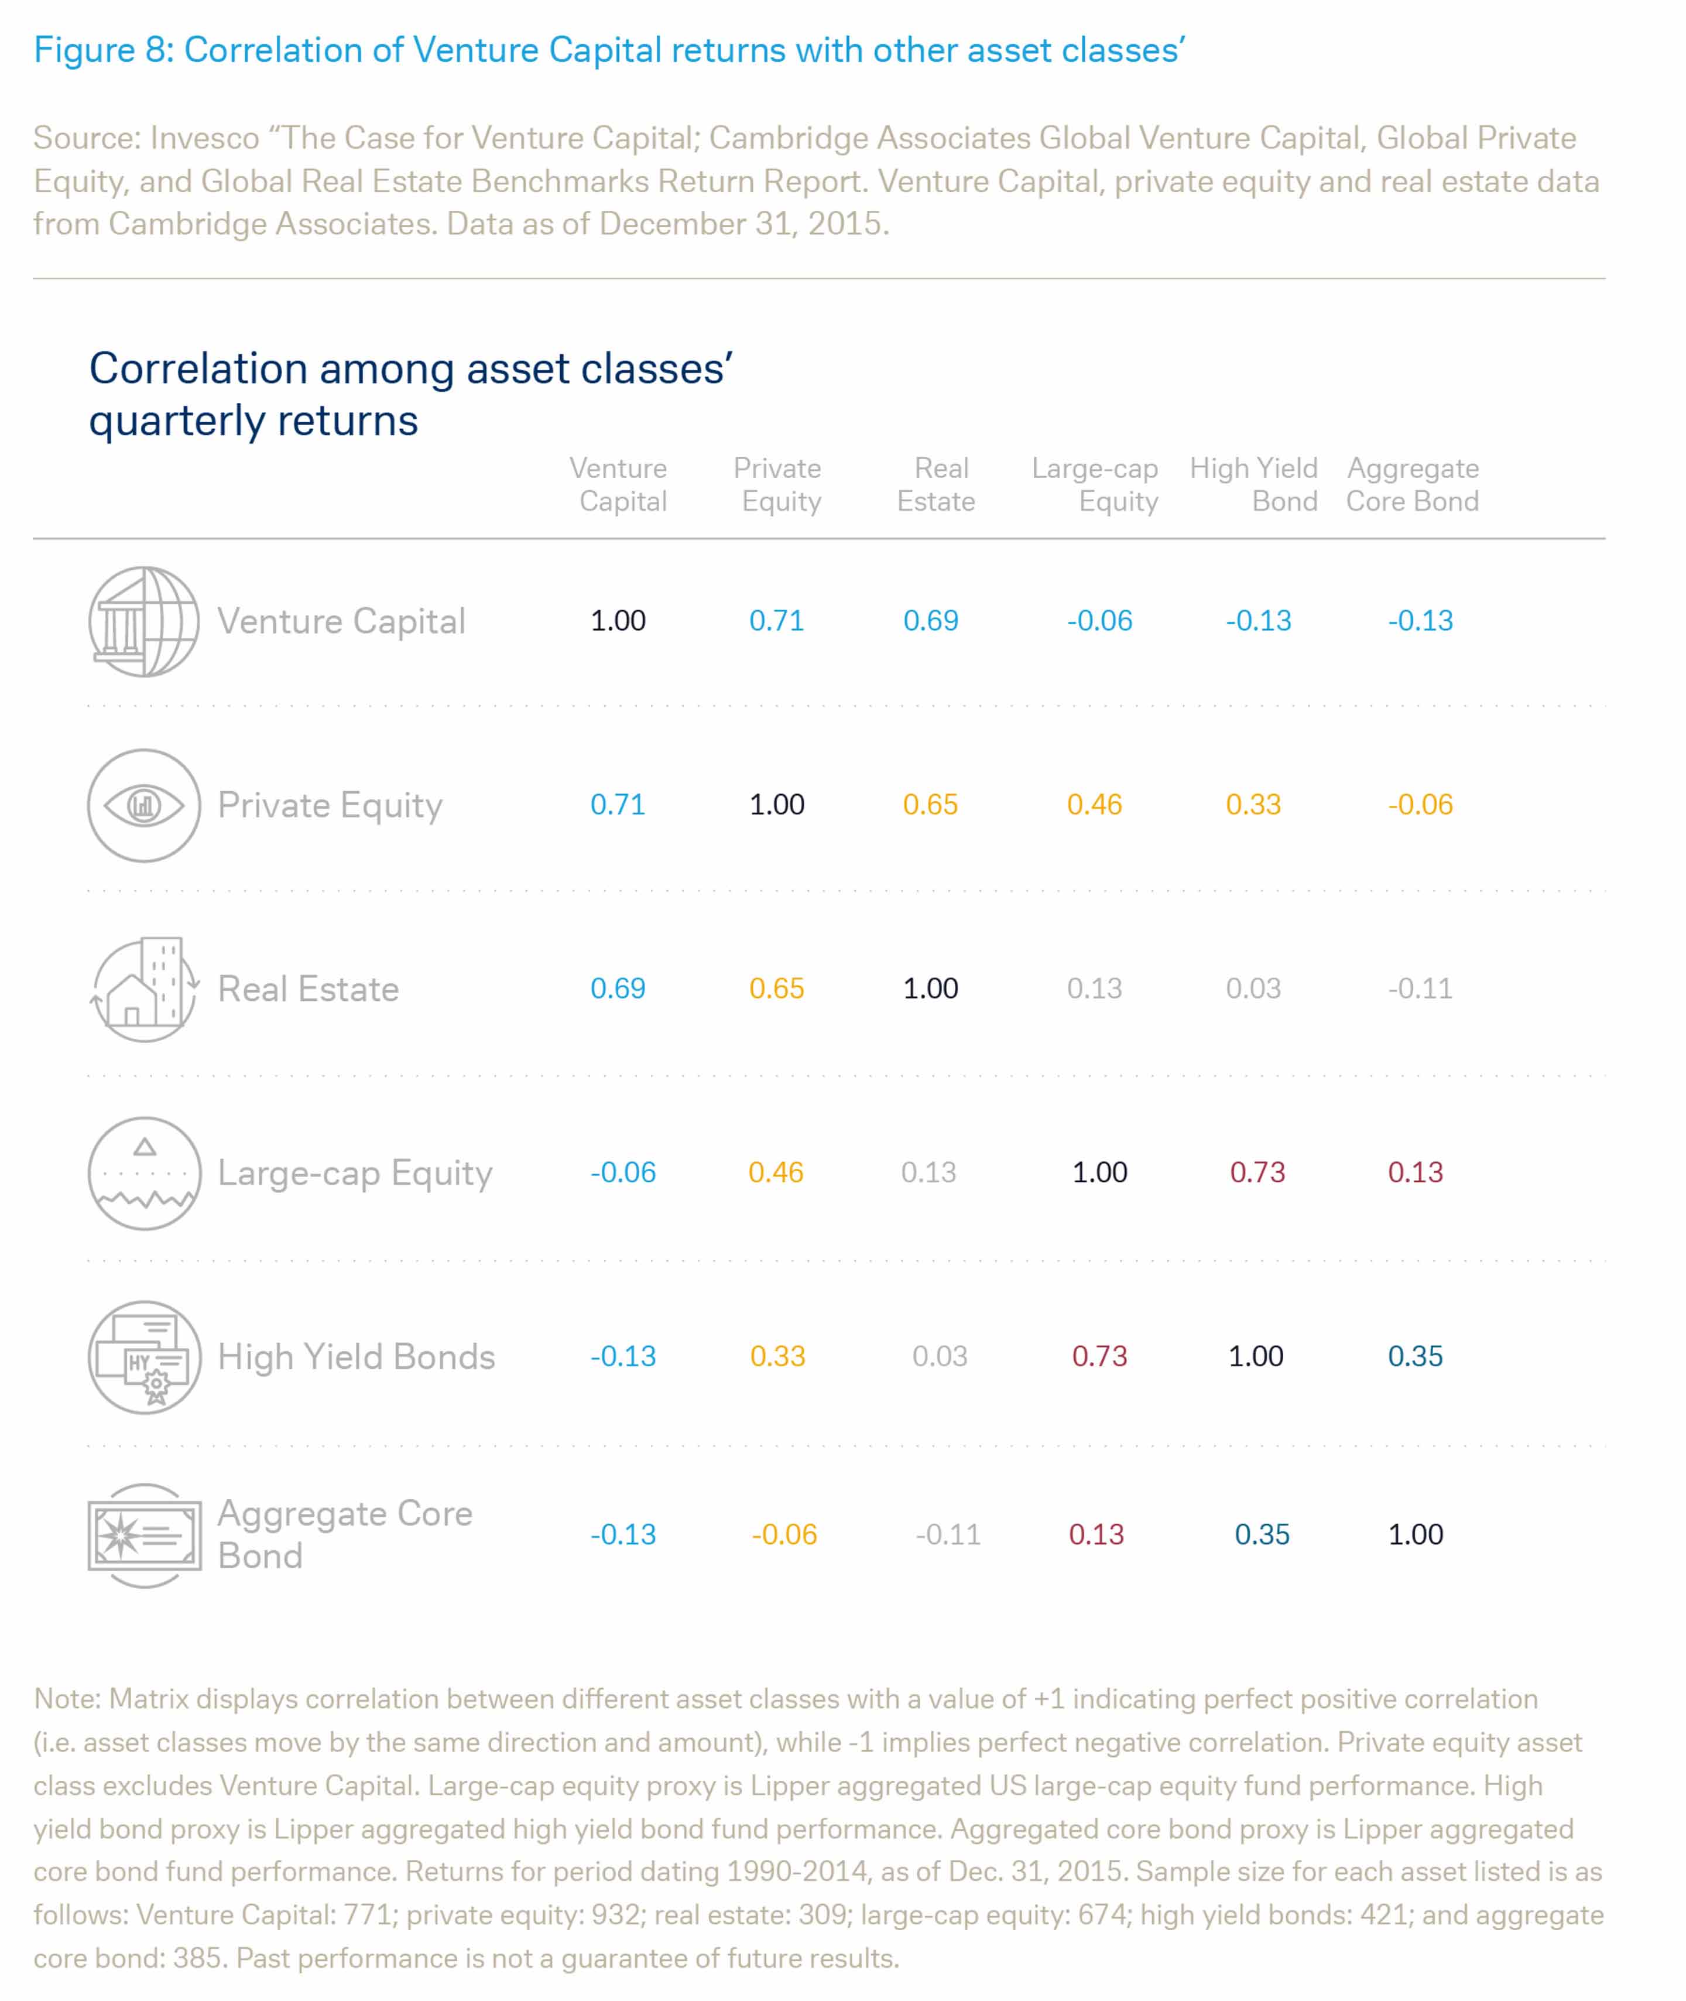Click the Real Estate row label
click(x=308, y=988)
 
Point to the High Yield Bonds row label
click(x=355, y=1357)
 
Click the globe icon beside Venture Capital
click(x=143, y=621)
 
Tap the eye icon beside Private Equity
click(x=143, y=805)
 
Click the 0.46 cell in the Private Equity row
click(x=1094, y=805)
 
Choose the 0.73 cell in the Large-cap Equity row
click(x=1257, y=1172)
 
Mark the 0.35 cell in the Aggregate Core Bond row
click(x=1262, y=1534)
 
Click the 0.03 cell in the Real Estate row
click(x=1253, y=988)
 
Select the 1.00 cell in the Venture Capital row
click(x=618, y=621)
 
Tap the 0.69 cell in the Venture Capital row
click(x=930, y=621)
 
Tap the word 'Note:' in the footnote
click(x=67, y=1699)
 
